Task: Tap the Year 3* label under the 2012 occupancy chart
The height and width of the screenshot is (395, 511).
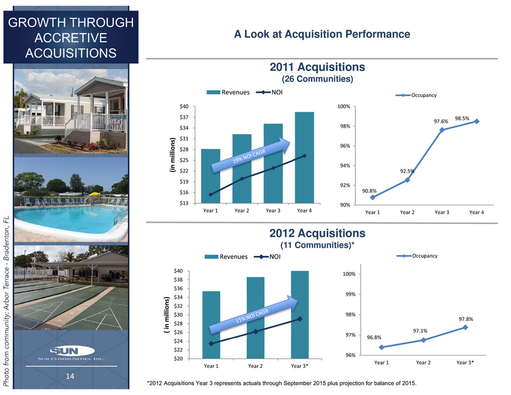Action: pyautogui.click(x=465, y=363)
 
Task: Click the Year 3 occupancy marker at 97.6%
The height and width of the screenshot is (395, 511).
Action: pyautogui.click(x=442, y=130)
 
